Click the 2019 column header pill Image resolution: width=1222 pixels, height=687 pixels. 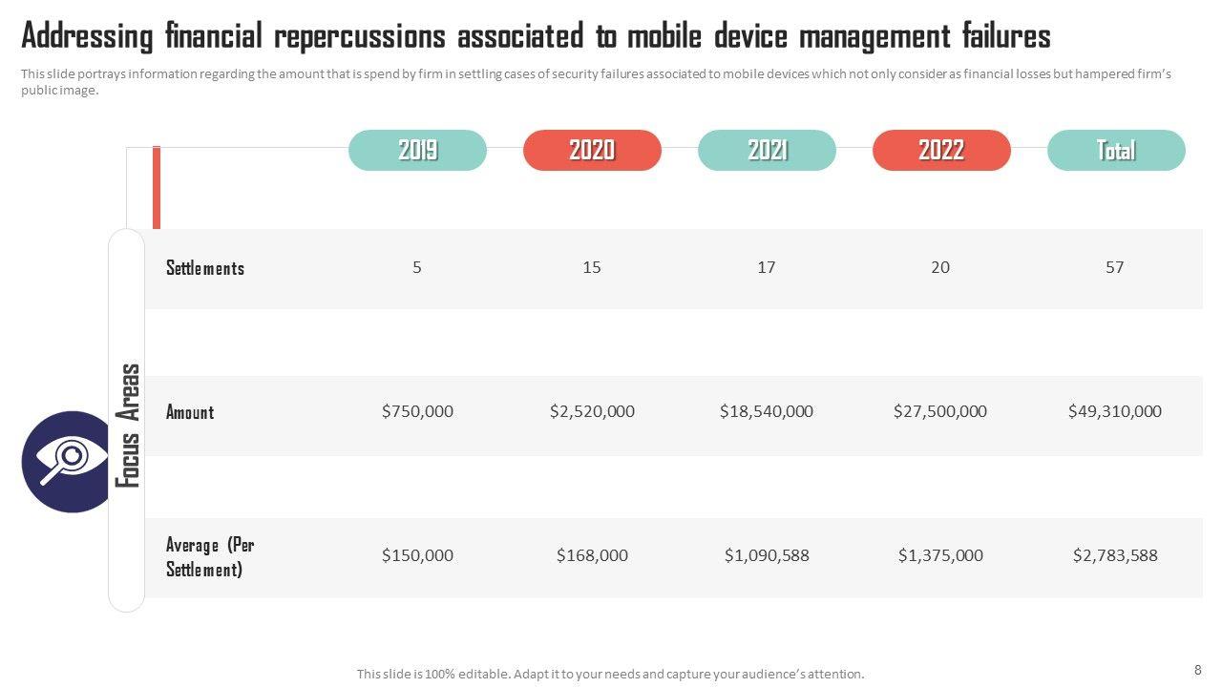point(417,151)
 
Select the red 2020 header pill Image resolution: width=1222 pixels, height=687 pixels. point(592,151)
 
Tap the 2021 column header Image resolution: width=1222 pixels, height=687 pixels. point(767,151)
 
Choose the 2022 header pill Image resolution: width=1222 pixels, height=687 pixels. point(941,151)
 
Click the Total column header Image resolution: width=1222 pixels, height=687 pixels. point(1116,151)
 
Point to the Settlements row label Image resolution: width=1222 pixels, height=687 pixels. point(205,268)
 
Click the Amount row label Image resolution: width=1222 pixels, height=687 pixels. point(190,412)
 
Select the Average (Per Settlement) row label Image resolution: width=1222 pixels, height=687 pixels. point(210,557)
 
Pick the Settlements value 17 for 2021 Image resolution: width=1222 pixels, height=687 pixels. point(767,268)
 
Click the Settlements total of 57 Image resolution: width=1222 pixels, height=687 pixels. point(1115,268)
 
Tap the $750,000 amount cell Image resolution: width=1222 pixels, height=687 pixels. point(417,411)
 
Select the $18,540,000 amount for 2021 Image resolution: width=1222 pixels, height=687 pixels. point(767,411)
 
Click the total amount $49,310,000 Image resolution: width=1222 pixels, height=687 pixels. point(1115,411)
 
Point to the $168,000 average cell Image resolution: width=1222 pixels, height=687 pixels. point(592,555)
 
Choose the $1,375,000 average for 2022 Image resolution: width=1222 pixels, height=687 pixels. point(940,555)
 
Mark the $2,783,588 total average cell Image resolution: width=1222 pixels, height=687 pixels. point(1115,555)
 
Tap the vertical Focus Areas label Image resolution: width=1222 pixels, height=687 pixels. point(128,426)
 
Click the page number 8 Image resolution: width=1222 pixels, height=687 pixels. point(1197,670)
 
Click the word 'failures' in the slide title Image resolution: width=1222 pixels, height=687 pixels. point(1005,37)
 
